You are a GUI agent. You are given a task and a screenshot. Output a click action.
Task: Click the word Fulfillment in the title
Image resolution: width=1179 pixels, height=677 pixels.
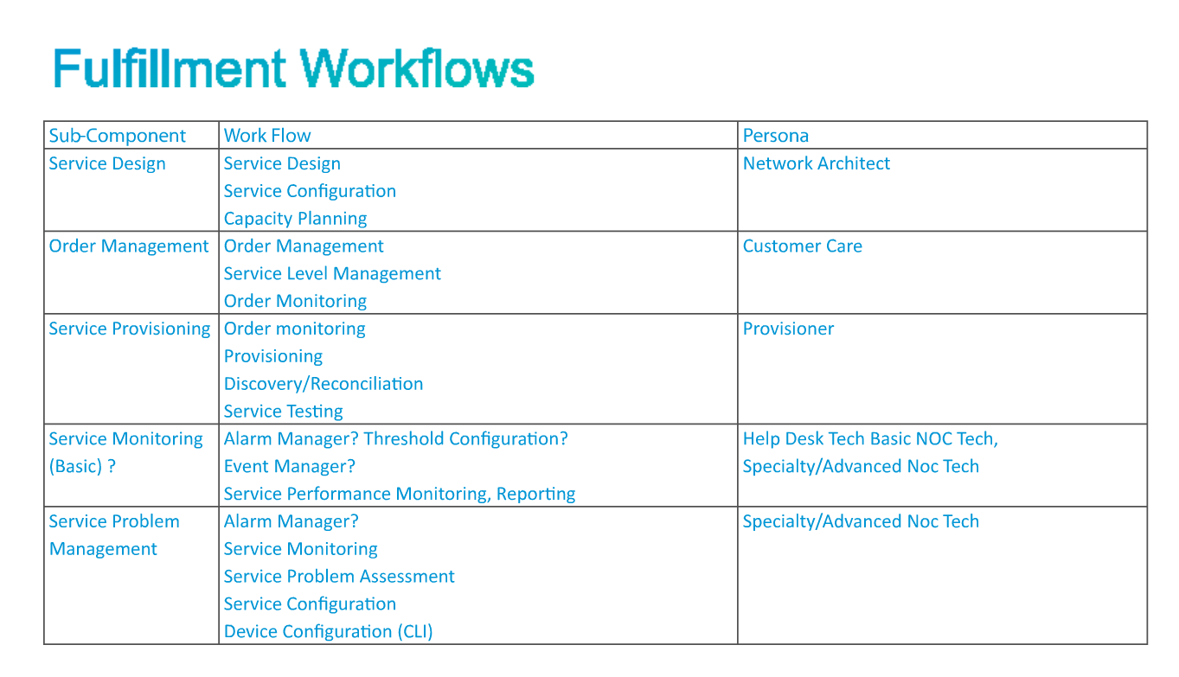[x=169, y=68]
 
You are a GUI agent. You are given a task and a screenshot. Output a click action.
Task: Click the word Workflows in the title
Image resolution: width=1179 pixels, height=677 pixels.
[x=417, y=68]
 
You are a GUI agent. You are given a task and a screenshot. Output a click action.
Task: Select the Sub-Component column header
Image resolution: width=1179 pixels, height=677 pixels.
[x=118, y=136]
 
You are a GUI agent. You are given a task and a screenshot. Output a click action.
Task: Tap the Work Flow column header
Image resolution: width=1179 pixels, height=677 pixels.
[x=267, y=136]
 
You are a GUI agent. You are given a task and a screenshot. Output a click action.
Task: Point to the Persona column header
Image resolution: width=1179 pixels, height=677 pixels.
[x=775, y=136]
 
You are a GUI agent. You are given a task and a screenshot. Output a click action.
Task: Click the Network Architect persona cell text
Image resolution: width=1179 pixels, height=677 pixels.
[x=817, y=163]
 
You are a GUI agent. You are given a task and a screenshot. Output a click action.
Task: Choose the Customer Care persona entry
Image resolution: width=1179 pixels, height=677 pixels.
[x=802, y=246]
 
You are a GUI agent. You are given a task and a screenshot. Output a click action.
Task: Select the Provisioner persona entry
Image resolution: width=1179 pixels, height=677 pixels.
[x=788, y=329]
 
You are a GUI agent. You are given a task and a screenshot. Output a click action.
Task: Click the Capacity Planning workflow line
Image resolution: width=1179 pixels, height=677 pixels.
[x=295, y=219]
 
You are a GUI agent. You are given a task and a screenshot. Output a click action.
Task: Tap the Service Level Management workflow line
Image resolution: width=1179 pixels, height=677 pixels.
[x=332, y=274]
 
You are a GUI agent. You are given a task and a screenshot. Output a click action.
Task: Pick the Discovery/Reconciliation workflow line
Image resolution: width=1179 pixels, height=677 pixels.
[x=324, y=384]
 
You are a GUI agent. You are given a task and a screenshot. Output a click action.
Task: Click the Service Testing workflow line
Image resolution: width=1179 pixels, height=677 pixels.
[x=283, y=412]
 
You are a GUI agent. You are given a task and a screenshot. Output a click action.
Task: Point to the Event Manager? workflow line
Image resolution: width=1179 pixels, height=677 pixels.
[x=290, y=467]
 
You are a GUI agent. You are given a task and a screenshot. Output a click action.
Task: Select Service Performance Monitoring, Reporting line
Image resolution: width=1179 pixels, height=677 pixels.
[x=400, y=494]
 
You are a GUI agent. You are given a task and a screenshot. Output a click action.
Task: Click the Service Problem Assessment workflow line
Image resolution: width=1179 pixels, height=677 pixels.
[x=339, y=577]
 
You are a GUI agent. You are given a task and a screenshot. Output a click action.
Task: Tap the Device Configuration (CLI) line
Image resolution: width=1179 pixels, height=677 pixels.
[x=328, y=632]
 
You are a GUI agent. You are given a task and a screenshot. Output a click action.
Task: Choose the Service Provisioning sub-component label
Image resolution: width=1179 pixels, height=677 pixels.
[x=130, y=329]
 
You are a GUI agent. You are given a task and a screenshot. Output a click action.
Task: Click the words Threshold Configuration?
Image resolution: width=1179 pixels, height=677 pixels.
[x=466, y=438]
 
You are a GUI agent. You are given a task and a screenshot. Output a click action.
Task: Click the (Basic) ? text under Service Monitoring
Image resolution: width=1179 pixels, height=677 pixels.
[x=82, y=467]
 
